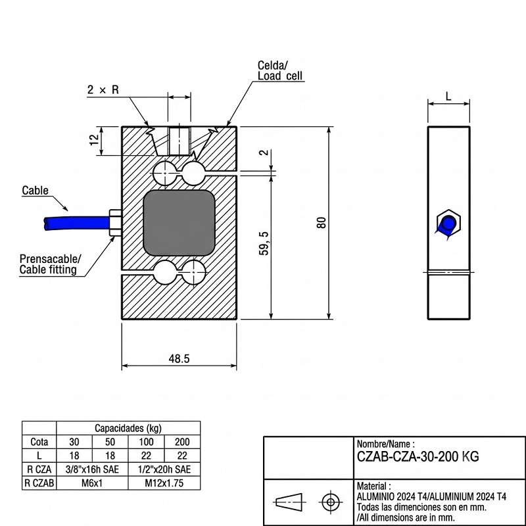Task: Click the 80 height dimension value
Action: tap(321, 223)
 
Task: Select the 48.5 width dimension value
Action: tap(179, 358)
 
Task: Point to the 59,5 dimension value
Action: tap(264, 243)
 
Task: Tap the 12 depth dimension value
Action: tap(95, 139)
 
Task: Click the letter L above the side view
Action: tap(448, 97)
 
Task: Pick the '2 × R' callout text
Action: tap(103, 89)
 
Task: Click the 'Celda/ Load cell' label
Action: tap(280, 70)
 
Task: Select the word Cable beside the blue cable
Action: tap(36, 190)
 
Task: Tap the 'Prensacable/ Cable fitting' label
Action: tap(50, 264)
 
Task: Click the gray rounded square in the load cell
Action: tap(179, 223)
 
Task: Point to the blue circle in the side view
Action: tap(448, 223)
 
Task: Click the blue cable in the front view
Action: tap(78, 223)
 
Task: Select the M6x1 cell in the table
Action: tap(92, 483)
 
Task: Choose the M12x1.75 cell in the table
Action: tap(164, 483)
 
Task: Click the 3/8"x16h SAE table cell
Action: tap(92, 469)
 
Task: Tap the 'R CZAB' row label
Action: tap(39, 483)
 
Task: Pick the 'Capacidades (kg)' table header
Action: tap(128, 428)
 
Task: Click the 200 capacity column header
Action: tap(182, 442)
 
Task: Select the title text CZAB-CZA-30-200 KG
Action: tap(418, 456)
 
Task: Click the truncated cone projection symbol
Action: tap(289, 502)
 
